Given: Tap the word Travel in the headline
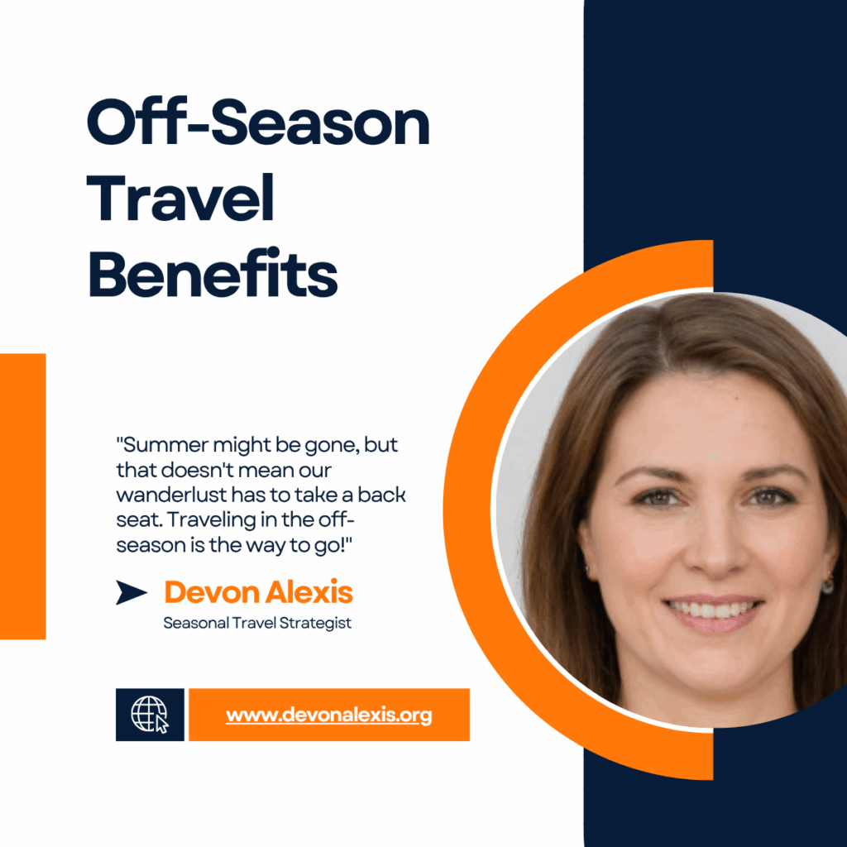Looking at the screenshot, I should click(x=181, y=201).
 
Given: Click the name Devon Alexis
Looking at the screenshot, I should click(x=258, y=592).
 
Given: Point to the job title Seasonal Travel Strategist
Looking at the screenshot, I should click(x=257, y=623).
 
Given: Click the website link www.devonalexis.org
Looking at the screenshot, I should click(x=328, y=715).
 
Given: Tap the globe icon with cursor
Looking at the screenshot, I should click(x=150, y=715).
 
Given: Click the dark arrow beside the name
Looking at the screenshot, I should click(x=131, y=592).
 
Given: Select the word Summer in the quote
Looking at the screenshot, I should click(x=162, y=444).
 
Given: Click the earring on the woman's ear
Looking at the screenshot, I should click(x=828, y=586).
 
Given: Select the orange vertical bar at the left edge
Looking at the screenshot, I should click(x=22, y=496).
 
